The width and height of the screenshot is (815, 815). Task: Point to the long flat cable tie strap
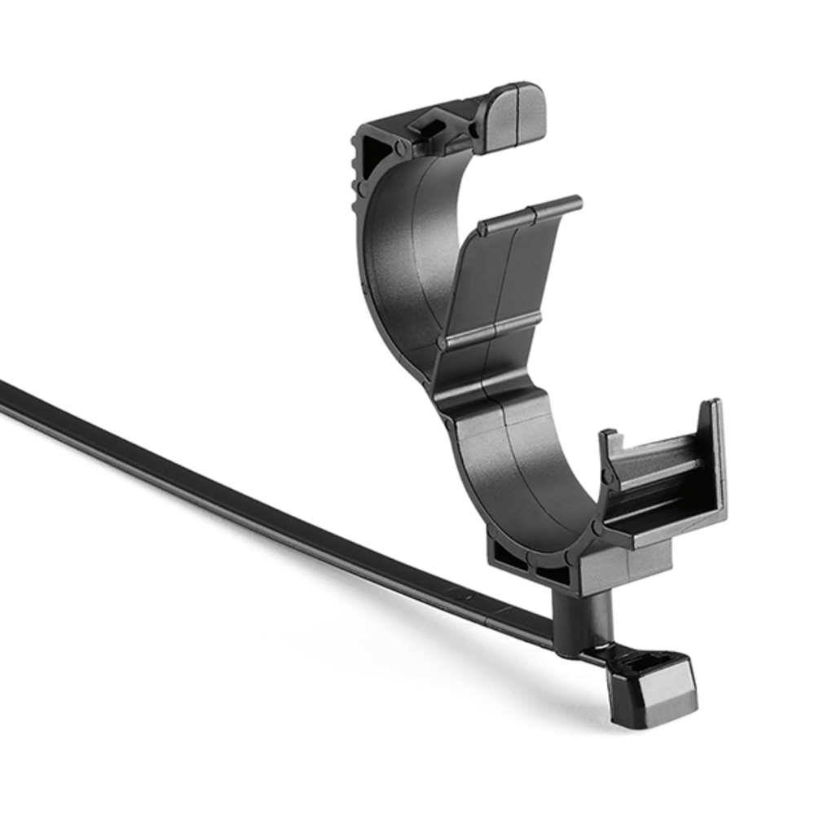pyautogui.click(x=244, y=505)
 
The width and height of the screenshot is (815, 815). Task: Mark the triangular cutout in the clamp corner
pyautogui.click(x=376, y=155)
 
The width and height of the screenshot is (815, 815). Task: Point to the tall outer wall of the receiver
pyautogui.click(x=713, y=465)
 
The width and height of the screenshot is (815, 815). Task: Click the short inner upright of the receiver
pyautogui.click(x=610, y=452)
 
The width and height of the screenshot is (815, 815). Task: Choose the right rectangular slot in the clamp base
pyautogui.click(x=553, y=571)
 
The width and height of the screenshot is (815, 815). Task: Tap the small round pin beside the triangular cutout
pyautogui.click(x=400, y=148)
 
